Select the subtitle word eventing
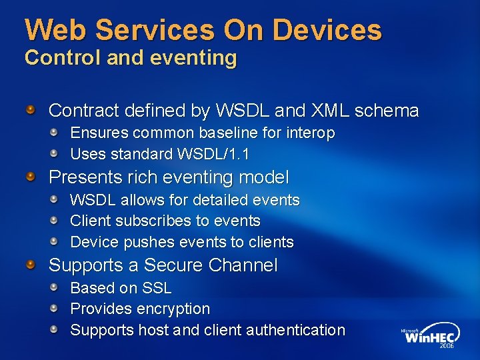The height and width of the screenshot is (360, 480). click(198, 58)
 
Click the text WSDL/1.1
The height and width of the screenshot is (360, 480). click(213, 155)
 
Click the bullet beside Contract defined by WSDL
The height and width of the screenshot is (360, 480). click(31, 109)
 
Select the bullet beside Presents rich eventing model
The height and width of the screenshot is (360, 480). click(31, 176)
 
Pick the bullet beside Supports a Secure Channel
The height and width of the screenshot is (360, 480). click(31, 265)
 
